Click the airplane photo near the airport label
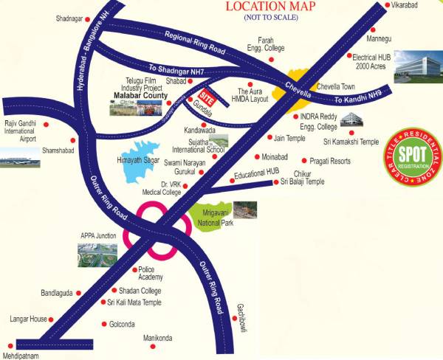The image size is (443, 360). [18, 156]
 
